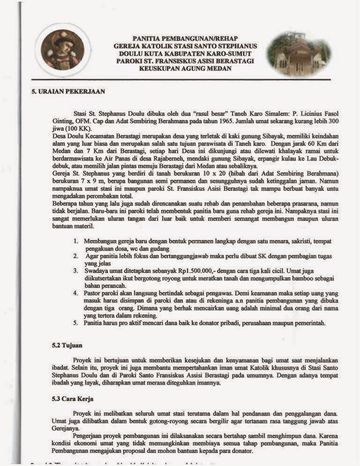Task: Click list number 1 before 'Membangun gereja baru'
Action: click(x=76, y=241)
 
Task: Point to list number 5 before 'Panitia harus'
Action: click(x=76, y=323)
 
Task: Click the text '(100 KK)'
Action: click(x=81, y=128)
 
